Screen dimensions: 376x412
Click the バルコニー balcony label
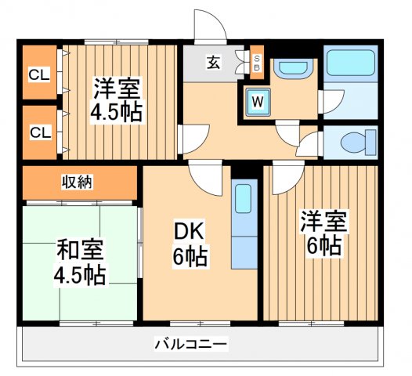click(x=190, y=343)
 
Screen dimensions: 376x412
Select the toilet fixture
click(x=353, y=143)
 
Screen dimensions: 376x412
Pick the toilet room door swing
click(x=310, y=143)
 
